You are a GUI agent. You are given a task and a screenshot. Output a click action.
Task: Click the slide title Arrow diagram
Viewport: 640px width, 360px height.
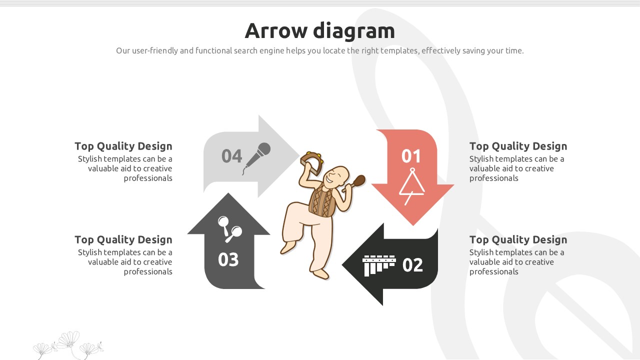pyautogui.click(x=319, y=30)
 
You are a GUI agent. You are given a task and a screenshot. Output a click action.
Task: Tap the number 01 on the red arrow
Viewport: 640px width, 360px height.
pyautogui.click(x=411, y=156)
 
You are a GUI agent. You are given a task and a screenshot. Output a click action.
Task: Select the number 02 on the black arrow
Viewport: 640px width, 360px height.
pyautogui.click(x=412, y=265)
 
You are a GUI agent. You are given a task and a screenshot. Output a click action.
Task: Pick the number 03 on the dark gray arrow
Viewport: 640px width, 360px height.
pyautogui.click(x=228, y=259)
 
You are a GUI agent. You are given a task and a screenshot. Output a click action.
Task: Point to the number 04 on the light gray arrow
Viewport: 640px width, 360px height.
pyautogui.click(x=231, y=156)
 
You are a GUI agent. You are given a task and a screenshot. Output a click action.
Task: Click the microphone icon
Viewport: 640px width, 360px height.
pyautogui.click(x=256, y=158)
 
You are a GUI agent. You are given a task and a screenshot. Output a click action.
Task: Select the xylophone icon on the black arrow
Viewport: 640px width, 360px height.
pyautogui.click(x=379, y=265)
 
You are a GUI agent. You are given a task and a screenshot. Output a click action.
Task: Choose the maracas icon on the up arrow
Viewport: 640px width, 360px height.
pyautogui.click(x=230, y=229)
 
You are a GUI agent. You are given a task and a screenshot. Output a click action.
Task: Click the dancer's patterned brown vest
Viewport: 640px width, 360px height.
pyautogui.click(x=322, y=201)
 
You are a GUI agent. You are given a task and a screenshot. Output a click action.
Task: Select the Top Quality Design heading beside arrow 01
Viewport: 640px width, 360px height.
pyautogui.click(x=518, y=146)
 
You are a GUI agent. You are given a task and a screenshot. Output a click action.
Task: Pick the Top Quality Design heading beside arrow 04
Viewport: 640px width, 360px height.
pyautogui.click(x=123, y=146)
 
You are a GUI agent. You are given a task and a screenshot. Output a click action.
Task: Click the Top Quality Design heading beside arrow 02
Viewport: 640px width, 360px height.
pyautogui.click(x=518, y=239)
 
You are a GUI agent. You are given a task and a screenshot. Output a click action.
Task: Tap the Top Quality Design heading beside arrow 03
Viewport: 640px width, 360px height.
pyautogui.click(x=123, y=239)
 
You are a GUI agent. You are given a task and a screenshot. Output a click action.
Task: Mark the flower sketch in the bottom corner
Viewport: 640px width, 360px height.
pyautogui.click(x=68, y=345)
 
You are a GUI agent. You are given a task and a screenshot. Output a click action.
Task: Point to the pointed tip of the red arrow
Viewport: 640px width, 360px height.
pyautogui.click(x=412, y=225)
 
